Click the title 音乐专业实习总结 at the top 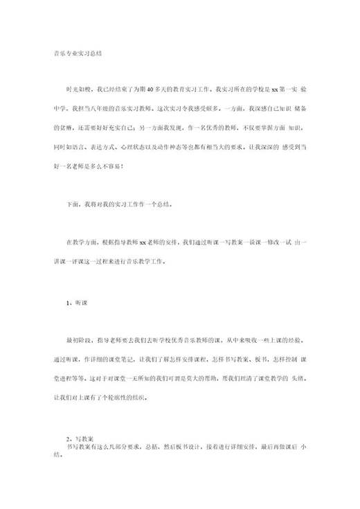pos(78,53)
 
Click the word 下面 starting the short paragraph pos(72,206)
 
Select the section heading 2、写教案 pos(79,439)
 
